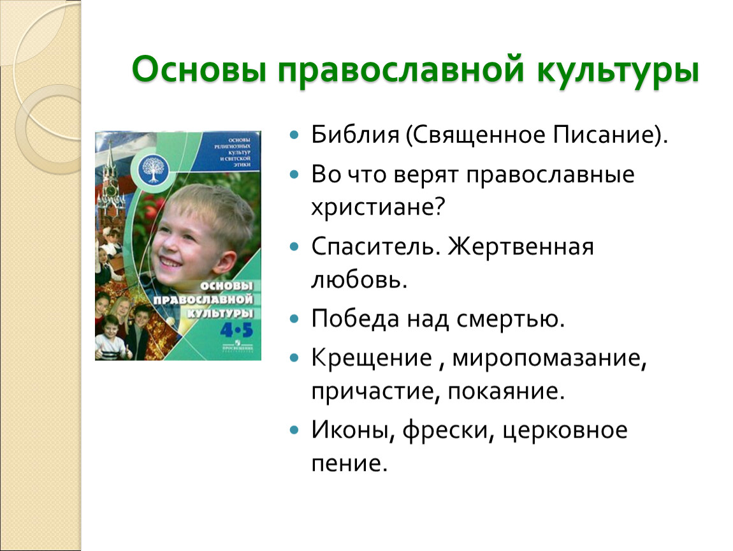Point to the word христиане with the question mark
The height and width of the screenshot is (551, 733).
click(x=376, y=208)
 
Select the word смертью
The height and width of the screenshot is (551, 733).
click(x=511, y=318)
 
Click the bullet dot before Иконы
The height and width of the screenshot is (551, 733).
click(x=294, y=431)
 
